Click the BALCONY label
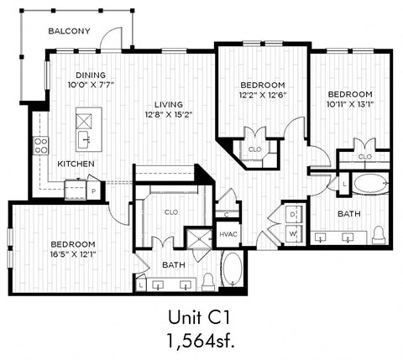69,31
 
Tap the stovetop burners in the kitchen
39,144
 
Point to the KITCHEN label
76,164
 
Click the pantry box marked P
93,191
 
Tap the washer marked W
291,233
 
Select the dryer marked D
291,215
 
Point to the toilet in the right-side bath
379,232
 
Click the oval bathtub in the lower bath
233,270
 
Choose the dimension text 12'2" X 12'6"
263,96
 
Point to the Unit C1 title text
201,318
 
